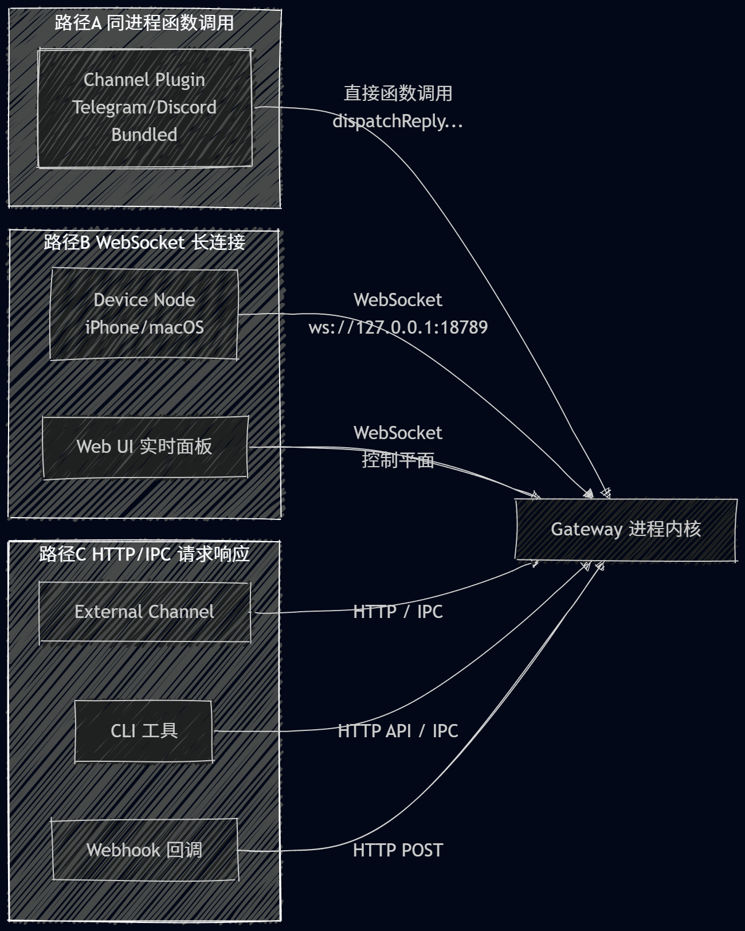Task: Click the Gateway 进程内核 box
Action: pos(626,529)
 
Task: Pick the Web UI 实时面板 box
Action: pos(144,447)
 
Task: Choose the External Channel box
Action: pos(144,612)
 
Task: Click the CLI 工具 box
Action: pos(144,731)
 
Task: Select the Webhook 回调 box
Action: pos(144,850)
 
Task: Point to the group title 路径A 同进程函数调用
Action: pos(144,23)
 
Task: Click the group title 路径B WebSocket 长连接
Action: pos(144,242)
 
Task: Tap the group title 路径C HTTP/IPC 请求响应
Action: pos(144,554)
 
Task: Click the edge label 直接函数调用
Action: pos(398,93)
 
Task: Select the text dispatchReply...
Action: pos(390,122)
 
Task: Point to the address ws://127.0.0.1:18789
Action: pos(398,327)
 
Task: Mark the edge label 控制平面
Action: pos(398,460)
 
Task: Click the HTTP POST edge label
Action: pos(398,850)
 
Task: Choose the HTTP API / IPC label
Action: pos(398,731)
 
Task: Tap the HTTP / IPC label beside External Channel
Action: pos(398,612)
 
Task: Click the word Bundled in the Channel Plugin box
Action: pos(144,135)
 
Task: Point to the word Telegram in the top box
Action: pos(109,107)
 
